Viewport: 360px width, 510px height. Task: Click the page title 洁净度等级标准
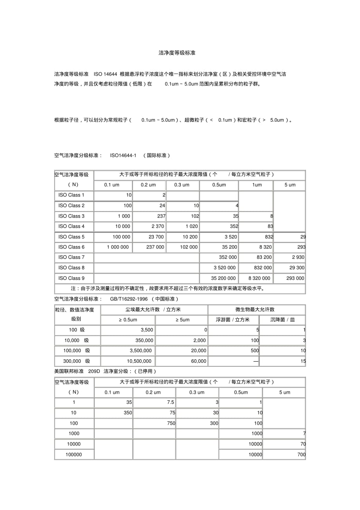pos(177,53)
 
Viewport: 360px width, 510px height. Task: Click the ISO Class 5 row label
pos(71,237)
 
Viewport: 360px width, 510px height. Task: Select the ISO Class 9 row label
pos(71,278)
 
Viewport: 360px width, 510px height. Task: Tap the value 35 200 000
pos(223,278)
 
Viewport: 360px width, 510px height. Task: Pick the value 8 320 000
pos(259,278)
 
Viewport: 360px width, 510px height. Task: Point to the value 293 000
pos(295,278)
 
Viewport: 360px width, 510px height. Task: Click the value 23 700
pos(155,237)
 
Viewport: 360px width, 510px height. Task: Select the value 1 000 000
pos(118,247)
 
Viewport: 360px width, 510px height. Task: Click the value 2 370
pos(158,226)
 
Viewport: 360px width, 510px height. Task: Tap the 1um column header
pos(257,185)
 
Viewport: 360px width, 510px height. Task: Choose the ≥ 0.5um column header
pos(128,320)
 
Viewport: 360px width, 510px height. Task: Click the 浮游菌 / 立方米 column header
pos(232,320)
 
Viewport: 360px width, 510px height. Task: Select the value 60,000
pos(199,361)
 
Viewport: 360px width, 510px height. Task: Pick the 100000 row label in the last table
pos(74,454)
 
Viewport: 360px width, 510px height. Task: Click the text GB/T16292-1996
pos(129,299)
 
